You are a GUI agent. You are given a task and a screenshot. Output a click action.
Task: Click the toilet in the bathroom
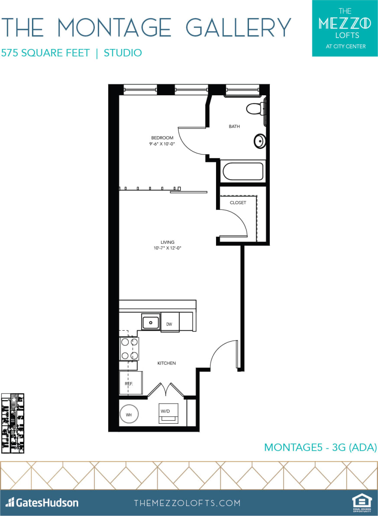click(254, 108)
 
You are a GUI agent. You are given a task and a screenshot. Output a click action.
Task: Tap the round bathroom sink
click(259, 141)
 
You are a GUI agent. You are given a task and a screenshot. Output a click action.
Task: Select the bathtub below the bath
click(243, 172)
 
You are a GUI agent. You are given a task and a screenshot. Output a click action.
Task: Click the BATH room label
click(234, 126)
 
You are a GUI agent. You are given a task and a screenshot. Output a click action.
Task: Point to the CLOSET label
click(238, 202)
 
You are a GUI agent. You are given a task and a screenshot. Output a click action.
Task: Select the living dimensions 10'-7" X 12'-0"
click(167, 248)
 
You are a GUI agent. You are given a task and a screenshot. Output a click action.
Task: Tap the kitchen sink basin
click(151, 322)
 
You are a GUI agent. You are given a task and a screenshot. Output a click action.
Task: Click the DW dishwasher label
click(169, 324)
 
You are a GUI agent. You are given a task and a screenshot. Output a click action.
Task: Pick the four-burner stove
click(129, 349)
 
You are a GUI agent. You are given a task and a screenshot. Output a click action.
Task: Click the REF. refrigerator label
click(129, 384)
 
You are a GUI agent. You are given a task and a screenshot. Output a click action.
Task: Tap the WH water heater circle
click(129, 415)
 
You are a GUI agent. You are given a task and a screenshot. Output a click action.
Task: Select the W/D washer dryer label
click(165, 410)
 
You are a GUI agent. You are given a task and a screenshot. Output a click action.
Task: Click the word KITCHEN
click(167, 363)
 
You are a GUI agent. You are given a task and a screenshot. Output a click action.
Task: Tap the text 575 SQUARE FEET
click(45, 53)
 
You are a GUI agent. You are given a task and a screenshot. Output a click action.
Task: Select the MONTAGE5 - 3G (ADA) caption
click(320, 447)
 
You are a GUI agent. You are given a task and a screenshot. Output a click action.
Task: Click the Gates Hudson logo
click(42, 503)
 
